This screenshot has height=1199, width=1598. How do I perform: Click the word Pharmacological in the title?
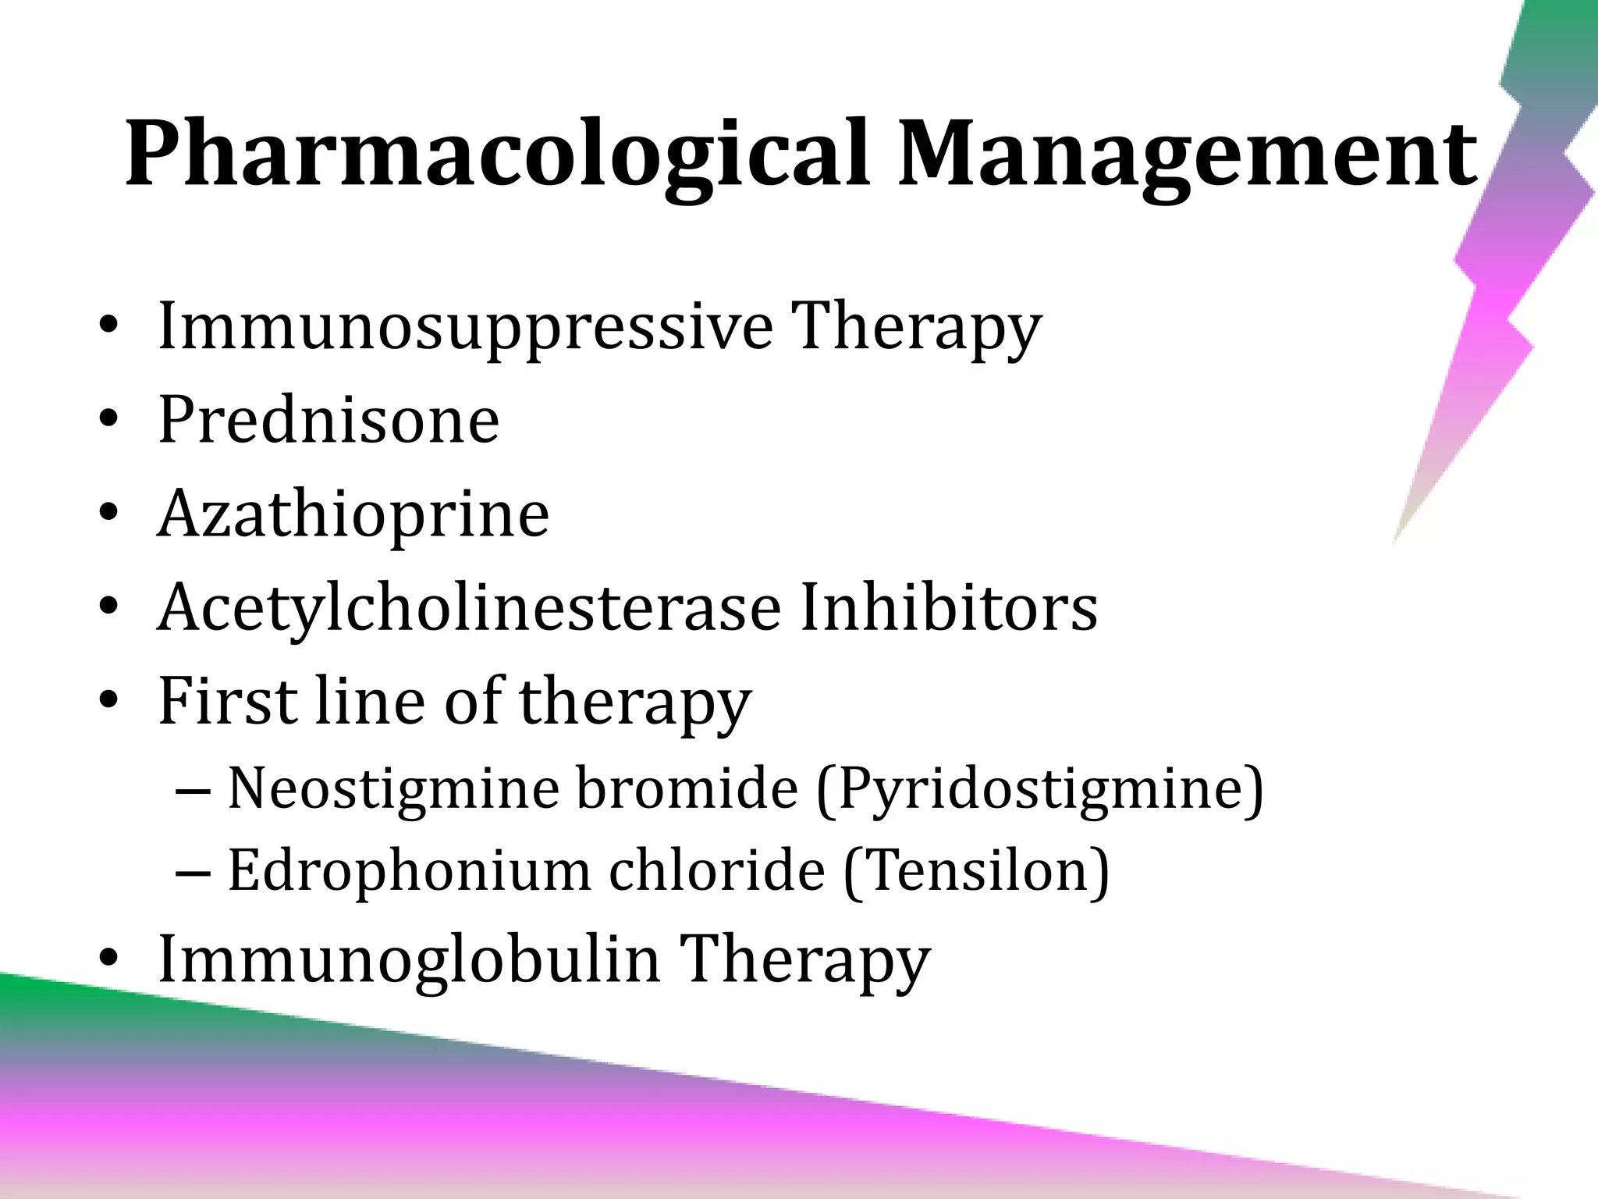(496, 153)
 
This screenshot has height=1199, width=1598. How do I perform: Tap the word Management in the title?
(1187, 153)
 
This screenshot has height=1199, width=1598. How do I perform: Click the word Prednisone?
(328, 420)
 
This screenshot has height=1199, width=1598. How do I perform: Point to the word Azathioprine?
(353, 514)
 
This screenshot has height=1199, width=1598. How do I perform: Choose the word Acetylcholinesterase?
(469, 607)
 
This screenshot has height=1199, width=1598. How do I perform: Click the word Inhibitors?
(949, 607)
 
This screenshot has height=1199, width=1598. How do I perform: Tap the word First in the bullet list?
(229, 700)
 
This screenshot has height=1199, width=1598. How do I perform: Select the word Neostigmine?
(393, 788)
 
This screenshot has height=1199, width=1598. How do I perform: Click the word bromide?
(687, 788)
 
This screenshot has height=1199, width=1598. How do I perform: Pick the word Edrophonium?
(409, 870)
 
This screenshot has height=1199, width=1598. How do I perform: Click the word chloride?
(716, 870)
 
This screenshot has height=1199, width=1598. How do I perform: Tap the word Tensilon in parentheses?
(976, 870)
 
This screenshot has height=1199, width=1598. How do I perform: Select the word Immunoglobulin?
(408, 959)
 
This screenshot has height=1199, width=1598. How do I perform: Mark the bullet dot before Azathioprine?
(108, 515)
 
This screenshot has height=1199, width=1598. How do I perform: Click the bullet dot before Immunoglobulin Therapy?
(108, 959)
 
